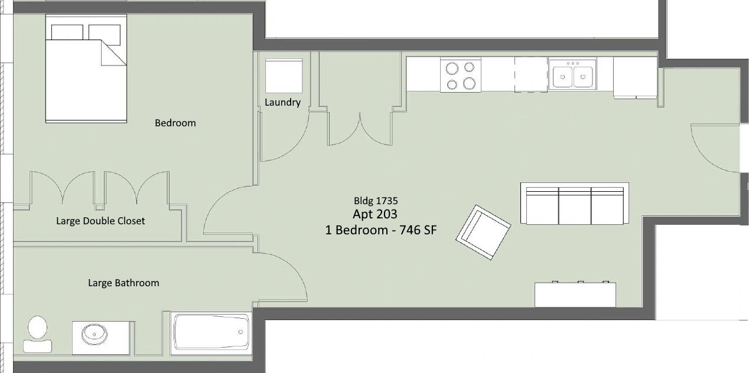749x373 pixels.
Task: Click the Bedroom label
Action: [175, 123]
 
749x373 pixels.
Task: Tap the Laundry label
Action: [282, 102]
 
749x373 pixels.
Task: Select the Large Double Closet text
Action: [100, 221]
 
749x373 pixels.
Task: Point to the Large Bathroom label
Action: [123, 283]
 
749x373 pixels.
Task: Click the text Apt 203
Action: [375, 214]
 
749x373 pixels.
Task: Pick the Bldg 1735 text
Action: [376, 201]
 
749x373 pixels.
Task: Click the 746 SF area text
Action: [418, 230]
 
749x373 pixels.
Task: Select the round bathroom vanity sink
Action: [95, 334]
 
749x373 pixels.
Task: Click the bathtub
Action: [211, 333]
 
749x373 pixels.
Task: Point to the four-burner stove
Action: [460, 75]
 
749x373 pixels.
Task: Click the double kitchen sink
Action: [572, 74]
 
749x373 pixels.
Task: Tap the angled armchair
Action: [483, 232]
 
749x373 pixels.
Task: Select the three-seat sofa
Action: [575, 204]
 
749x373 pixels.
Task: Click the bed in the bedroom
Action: [86, 68]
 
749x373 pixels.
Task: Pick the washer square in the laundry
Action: [284, 76]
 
